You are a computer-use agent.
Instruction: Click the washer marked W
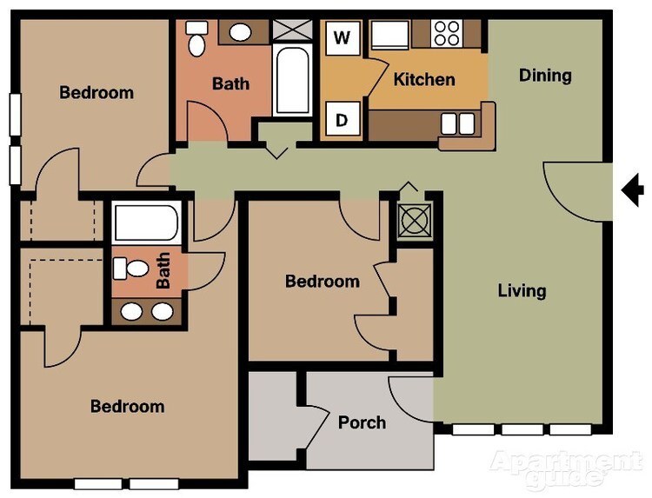[343, 37]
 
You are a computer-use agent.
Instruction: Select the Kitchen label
[424, 80]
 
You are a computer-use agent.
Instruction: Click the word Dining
[545, 76]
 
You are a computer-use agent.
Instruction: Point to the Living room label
[522, 290]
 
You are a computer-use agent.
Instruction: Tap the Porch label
[362, 422]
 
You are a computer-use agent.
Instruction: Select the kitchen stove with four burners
[447, 33]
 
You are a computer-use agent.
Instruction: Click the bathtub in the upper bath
[291, 80]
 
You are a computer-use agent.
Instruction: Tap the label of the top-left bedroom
[96, 92]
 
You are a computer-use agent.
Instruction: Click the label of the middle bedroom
[323, 282]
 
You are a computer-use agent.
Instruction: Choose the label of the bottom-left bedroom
[128, 406]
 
